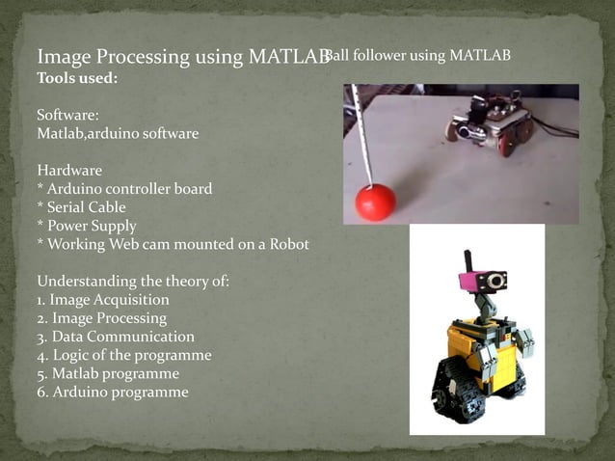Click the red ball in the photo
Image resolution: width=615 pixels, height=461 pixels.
click(375, 202)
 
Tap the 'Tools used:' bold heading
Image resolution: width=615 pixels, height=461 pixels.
click(77, 78)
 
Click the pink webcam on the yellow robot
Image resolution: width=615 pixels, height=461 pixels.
click(481, 281)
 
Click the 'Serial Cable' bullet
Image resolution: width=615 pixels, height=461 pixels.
click(81, 207)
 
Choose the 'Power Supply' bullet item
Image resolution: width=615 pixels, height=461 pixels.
click(86, 226)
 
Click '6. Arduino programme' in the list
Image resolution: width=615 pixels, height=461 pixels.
click(112, 392)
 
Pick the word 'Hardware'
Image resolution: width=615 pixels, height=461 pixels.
click(69, 170)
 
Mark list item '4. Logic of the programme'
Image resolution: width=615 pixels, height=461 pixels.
click(123, 355)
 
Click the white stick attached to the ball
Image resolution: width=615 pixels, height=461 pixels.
click(361, 135)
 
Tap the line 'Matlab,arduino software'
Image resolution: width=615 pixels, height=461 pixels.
click(118, 133)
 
